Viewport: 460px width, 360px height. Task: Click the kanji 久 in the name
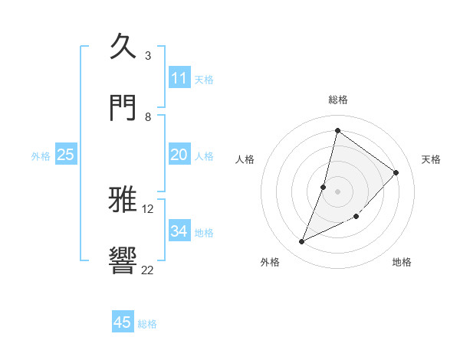123,47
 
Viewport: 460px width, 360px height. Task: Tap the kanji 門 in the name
123,106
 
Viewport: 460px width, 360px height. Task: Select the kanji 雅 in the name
123,200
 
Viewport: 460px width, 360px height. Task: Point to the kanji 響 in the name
123,260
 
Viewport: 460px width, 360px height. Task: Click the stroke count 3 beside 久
148,56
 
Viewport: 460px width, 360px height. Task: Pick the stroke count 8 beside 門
148,116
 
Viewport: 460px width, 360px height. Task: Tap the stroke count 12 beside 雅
148,208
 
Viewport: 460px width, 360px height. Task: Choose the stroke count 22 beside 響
148,269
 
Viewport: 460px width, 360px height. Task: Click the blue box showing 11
179,78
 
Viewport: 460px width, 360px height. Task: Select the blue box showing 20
179,155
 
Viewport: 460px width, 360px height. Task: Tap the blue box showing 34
179,231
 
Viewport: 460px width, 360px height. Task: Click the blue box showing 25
66,155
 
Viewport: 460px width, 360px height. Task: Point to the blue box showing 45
123,322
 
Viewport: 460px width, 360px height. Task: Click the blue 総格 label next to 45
147,324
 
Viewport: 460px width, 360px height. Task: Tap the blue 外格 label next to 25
41,156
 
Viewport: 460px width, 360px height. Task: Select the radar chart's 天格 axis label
432,159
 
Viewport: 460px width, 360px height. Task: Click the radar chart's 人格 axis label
245,159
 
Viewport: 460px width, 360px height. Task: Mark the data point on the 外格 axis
302,242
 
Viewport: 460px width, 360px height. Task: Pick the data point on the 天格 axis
396,172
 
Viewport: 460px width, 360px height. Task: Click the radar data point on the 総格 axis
337,130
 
